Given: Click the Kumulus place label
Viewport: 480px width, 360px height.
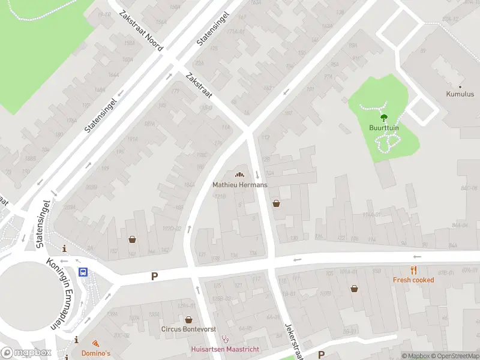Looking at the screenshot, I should tap(460, 94).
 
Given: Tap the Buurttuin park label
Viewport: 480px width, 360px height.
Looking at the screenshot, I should tap(384, 128).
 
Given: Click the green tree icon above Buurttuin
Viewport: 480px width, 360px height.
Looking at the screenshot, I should tap(384, 118).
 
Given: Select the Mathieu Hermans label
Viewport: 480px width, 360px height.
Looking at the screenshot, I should tap(240, 185).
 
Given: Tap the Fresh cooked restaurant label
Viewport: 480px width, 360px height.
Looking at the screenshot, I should tap(413, 280).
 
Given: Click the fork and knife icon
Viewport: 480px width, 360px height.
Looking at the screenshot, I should tap(413, 270).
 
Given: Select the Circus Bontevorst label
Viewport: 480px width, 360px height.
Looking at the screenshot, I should tap(189, 329).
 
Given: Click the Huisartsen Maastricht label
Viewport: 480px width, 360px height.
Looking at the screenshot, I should tap(224, 350).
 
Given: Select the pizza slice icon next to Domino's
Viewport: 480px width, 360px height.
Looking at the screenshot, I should tap(95, 343).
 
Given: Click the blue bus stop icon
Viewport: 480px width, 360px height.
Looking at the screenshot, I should tap(83, 271).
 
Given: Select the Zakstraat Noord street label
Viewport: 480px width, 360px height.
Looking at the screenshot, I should tap(141, 31).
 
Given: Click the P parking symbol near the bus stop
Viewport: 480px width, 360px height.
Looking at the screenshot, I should tap(154, 277).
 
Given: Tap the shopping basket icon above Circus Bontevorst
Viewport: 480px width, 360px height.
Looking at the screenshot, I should tap(189, 320).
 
